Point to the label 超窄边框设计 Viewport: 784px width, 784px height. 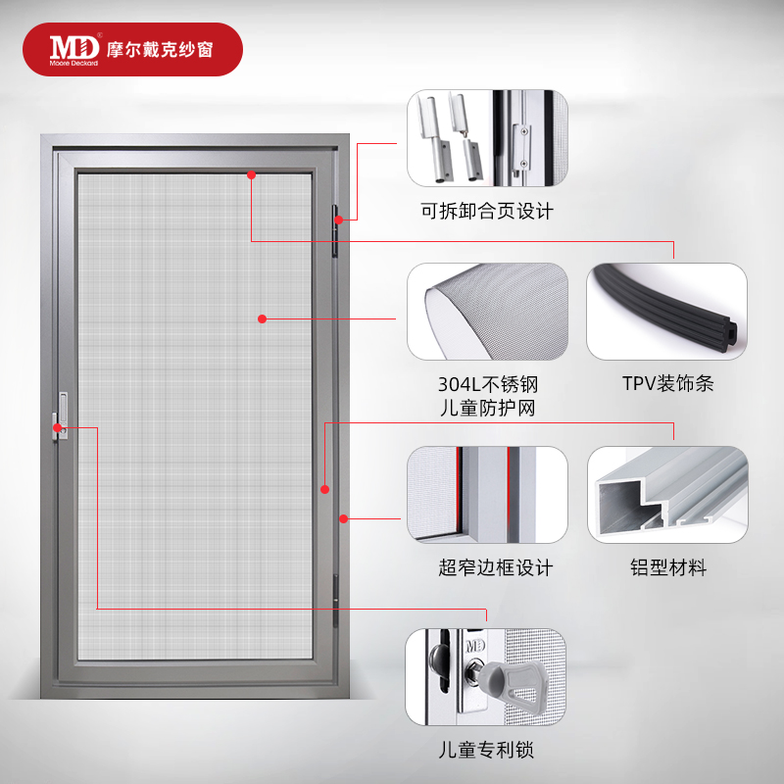coord(496,567)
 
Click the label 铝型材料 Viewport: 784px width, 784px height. coord(667,567)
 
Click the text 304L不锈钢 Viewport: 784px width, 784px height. coord(487,384)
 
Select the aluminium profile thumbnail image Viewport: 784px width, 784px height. coord(666,495)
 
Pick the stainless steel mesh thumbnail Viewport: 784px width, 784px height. coord(487,311)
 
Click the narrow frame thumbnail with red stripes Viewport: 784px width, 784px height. coord(487,495)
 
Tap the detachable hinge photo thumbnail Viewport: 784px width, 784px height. coord(487,137)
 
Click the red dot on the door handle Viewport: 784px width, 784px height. coord(59,427)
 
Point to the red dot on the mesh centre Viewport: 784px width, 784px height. coord(263,318)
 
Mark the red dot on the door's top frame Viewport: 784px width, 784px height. coord(251,174)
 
